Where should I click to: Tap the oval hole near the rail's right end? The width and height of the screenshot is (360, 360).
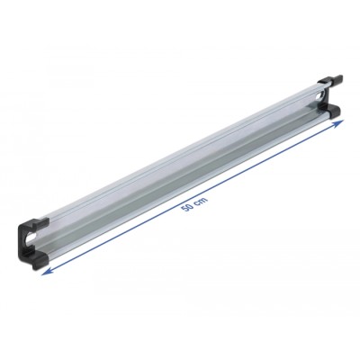pyautogui.click(x=320, y=93)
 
